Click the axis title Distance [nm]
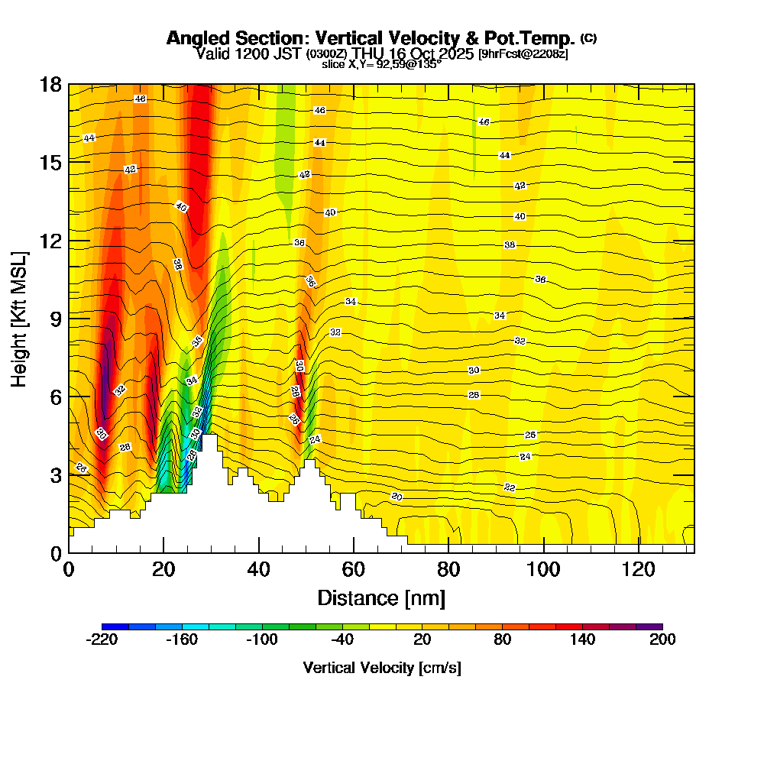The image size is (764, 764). tap(380, 597)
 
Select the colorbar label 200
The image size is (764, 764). tap(662, 640)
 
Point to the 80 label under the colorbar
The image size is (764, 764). tap(502, 640)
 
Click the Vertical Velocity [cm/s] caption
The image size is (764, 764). tap(382, 668)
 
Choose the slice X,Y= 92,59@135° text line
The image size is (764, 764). tap(381, 64)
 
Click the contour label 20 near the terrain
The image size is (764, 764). tap(397, 497)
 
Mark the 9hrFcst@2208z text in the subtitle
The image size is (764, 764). tap(523, 54)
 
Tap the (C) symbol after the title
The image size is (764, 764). tap(588, 38)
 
